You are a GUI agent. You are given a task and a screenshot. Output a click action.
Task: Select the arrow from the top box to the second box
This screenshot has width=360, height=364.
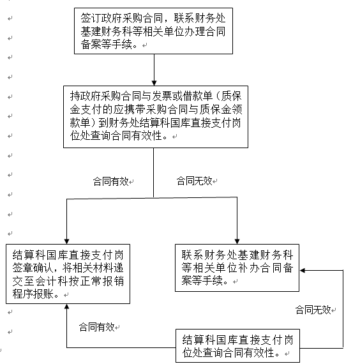click(154, 70)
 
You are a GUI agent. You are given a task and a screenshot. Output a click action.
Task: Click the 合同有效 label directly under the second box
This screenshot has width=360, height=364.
click(110, 181)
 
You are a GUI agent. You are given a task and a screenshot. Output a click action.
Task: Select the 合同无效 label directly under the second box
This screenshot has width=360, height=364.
click(194, 181)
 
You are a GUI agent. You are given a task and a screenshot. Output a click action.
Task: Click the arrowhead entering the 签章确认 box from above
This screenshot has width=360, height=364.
click(66, 241)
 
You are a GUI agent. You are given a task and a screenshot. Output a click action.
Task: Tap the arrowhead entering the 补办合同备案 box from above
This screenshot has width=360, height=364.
click(237, 241)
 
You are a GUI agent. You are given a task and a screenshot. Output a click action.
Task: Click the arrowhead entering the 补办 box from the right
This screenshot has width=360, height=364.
click(302, 271)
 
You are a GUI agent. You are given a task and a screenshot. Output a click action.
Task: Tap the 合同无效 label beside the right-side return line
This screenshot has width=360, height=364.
click(313, 310)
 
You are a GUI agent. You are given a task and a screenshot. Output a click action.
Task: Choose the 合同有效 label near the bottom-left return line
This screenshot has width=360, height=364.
click(96, 327)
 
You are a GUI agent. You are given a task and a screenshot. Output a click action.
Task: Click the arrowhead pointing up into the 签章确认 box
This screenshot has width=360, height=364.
click(66, 307)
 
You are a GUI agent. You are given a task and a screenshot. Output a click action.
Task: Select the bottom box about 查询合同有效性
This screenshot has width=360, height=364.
click(237, 345)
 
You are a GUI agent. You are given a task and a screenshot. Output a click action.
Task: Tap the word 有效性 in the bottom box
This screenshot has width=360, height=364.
click(264, 353)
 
